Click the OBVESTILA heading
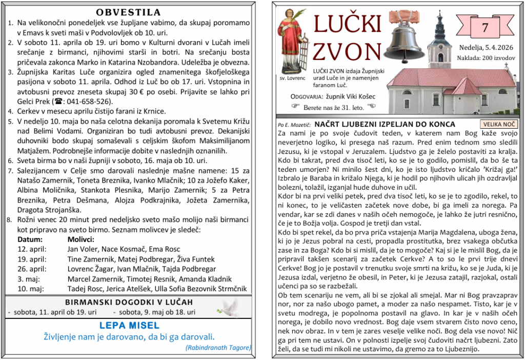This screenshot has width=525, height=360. coord(128,12)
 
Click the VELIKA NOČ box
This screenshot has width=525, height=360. coord(499,124)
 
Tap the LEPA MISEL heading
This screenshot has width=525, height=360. coord(129,326)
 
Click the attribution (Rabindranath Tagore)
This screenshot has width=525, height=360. coord(218,348)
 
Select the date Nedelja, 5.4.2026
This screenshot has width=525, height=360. coord(486,48)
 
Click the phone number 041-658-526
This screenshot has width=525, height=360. coord(86,101)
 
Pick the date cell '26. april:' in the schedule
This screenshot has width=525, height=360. coord(32,269)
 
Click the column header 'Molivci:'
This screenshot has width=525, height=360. coord(81,239)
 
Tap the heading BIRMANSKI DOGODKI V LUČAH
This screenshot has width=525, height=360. coord(129,302)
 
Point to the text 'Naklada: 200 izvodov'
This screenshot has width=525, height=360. coord(486,58)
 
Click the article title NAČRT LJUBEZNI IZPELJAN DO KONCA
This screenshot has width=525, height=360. coord(385,124)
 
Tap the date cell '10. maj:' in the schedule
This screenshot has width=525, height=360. coord(31,288)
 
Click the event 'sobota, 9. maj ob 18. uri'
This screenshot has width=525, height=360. coord(154,312)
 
